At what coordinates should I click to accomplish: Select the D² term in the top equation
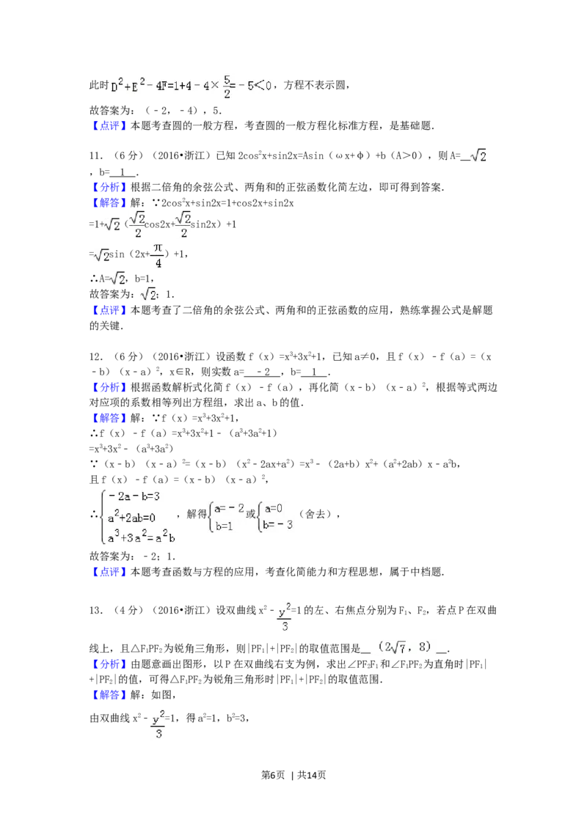[x=115, y=87]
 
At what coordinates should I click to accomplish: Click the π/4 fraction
[x=156, y=254]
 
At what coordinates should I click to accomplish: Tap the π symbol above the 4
[x=156, y=247]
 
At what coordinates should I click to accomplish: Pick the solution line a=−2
[x=228, y=507]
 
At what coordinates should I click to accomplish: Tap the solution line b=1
[x=225, y=525]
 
